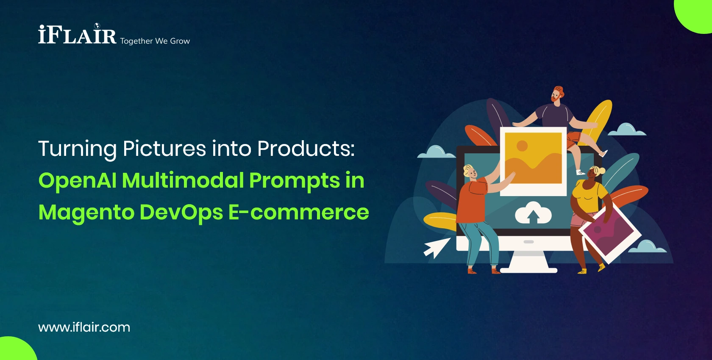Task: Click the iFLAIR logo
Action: tap(77, 35)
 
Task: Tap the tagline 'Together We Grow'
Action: tap(155, 41)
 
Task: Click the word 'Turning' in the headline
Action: tap(77, 149)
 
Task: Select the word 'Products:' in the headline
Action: tap(306, 149)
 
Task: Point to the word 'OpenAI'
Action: tap(77, 181)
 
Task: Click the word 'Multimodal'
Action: tap(183, 181)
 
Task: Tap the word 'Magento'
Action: tap(86, 213)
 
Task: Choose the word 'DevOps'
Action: tap(181, 213)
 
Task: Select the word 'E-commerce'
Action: tap(299, 213)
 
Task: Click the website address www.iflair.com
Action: tap(84, 327)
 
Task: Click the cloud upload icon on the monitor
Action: tap(533, 213)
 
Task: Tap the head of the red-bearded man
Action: tap(557, 94)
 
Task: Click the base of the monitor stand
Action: tap(528, 269)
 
